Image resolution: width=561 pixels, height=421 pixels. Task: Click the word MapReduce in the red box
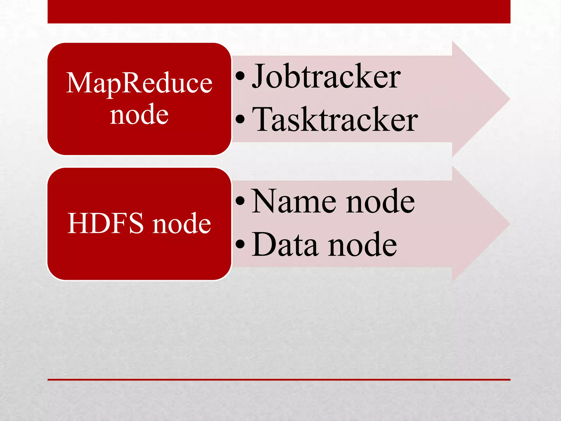tap(139, 83)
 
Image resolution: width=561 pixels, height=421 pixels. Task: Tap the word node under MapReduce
tap(139, 114)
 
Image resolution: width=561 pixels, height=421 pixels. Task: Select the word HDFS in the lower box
tap(105, 223)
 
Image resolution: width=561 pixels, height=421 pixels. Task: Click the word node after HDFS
tap(182, 223)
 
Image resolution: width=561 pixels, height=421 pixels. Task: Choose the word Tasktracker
tap(335, 120)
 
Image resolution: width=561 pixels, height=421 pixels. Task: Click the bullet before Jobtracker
tap(240, 76)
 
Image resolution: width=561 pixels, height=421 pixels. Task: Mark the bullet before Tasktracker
tap(240, 119)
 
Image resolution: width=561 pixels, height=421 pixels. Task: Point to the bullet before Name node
tap(240, 201)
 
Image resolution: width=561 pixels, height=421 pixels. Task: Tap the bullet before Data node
tap(240, 244)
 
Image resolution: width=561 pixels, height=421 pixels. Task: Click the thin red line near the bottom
tap(279, 380)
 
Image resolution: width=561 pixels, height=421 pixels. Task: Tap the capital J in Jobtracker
tap(259, 76)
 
